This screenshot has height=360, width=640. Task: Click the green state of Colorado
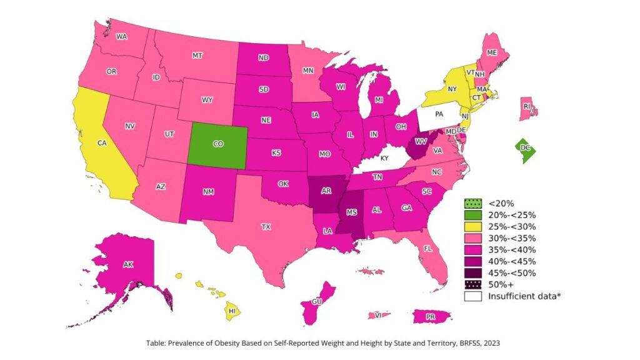[x=218, y=144]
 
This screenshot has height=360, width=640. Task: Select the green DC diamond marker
[x=525, y=148]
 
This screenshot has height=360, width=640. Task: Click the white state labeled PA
[x=439, y=115]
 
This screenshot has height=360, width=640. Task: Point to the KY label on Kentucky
[x=384, y=159]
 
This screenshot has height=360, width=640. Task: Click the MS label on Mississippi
[x=352, y=212]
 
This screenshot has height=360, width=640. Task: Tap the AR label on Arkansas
[x=326, y=191]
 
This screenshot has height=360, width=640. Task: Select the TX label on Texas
[x=266, y=226]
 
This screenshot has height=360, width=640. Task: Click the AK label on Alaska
[x=128, y=264]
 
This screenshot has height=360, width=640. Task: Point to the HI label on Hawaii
[x=231, y=311]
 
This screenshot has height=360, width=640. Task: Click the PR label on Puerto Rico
[x=430, y=317]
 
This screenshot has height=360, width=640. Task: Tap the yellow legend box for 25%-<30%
[x=473, y=226]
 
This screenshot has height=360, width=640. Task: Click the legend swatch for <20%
[x=473, y=203]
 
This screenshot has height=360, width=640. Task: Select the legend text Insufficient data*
[x=524, y=296]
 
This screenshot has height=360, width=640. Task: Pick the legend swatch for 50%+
[x=473, y=284]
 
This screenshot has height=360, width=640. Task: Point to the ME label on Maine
[x=492, y=52]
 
